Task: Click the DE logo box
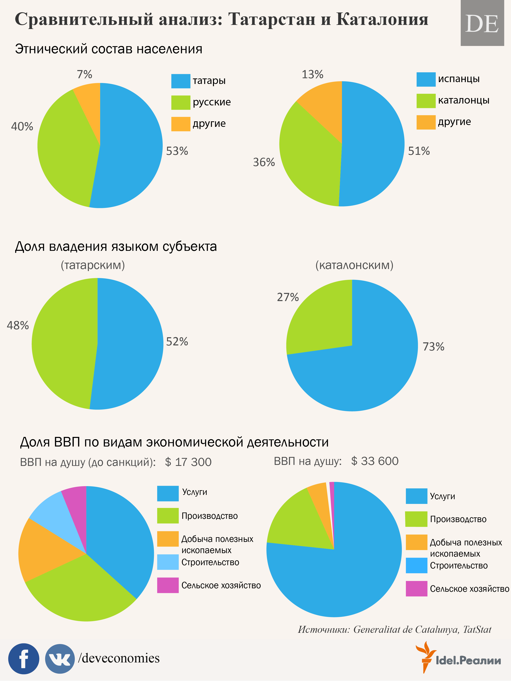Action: point(482,23)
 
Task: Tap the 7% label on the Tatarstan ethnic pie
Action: point(84,74)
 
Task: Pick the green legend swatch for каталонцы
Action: point(426,101)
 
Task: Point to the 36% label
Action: point(264,162)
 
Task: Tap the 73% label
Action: point(433,347)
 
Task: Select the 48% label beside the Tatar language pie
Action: point(18,325)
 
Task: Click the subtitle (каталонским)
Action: point(354,265)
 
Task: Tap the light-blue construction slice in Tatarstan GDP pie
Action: point(52,517)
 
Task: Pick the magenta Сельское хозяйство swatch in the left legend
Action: point(168,585)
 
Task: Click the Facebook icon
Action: point(24,659)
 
